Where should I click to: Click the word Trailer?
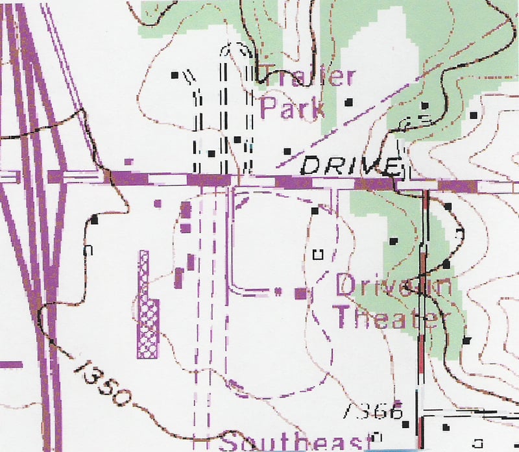click(308, 77)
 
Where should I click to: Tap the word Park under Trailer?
click(292, 108)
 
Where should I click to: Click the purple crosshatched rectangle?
click(147, 305)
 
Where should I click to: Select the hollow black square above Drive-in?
click(318, 254)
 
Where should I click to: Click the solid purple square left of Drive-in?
click(301, 294)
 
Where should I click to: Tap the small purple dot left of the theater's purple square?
click(278, 290)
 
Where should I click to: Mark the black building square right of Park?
click(350, 101)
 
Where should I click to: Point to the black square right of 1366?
click(405, 425)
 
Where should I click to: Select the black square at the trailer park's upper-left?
click(175, 75)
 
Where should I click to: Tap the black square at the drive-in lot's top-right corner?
click(315, 210)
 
